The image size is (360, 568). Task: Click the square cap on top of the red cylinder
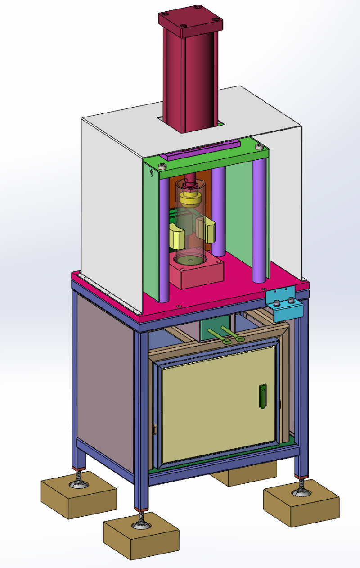click(x=190, y=20)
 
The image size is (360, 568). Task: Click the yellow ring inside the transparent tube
click(x=190, y=198)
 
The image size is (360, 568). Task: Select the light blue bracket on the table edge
click(x=285, y=307)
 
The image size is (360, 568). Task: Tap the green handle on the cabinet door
click(x=262, y=397)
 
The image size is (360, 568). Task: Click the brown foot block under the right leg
click(x=301, y=502)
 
